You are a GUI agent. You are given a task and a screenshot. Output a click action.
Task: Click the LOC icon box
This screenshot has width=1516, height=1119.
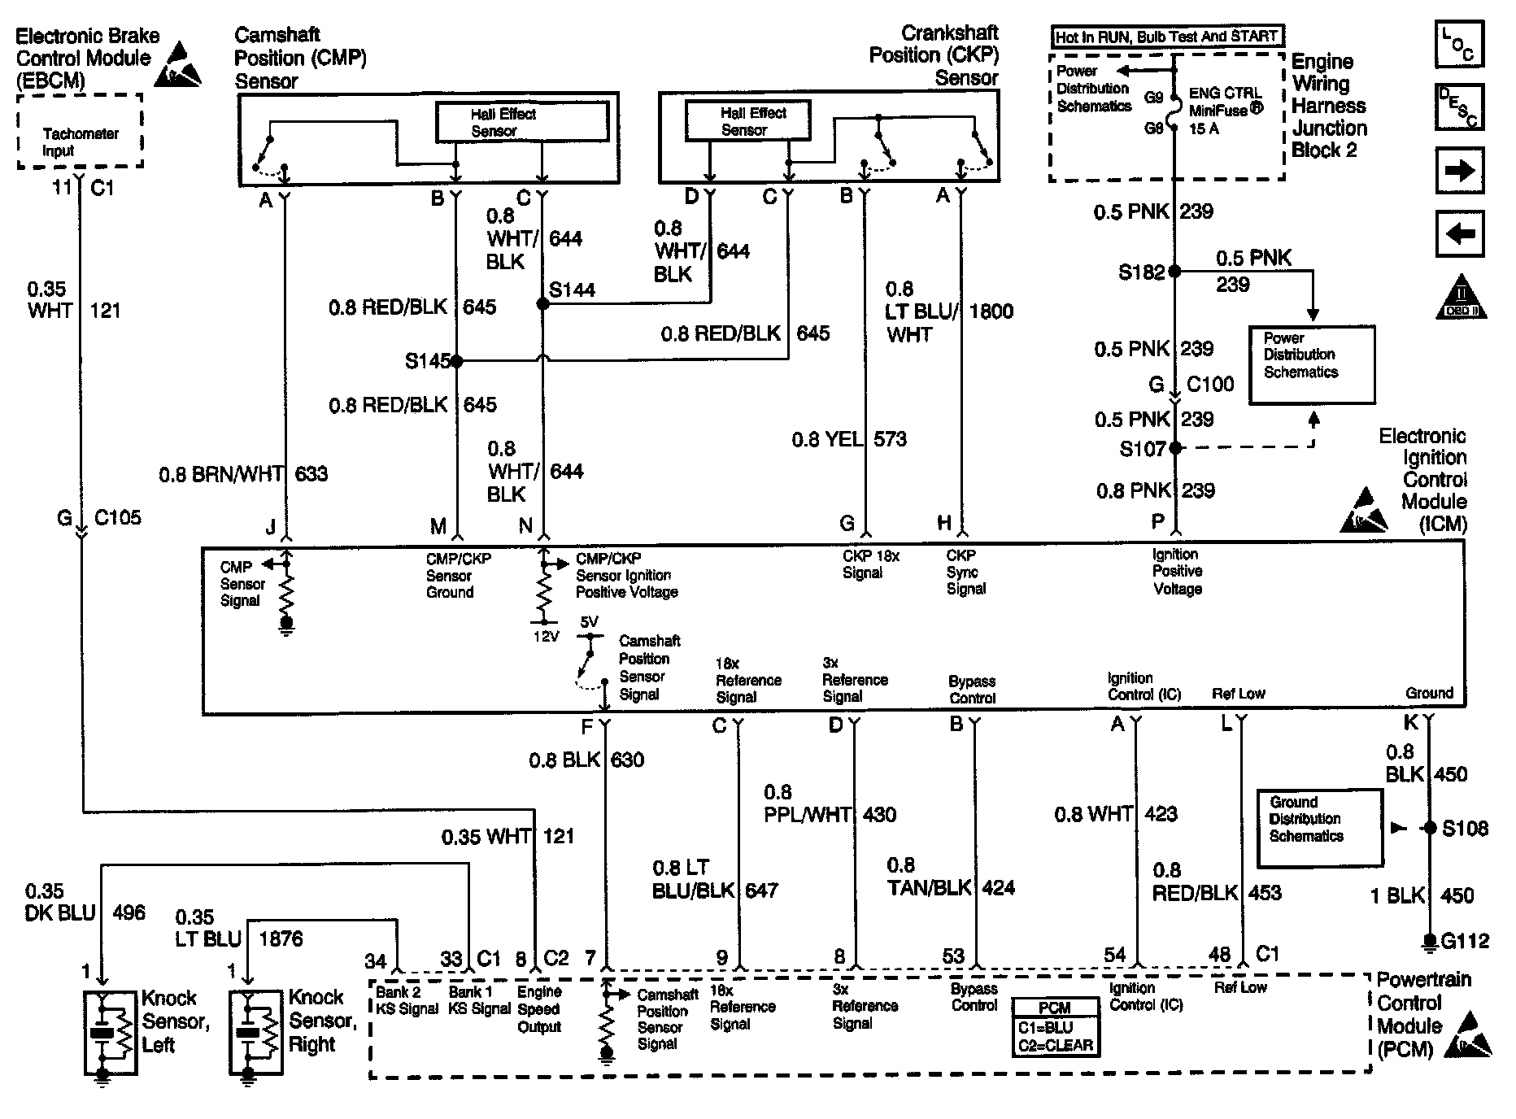pos(1460,43)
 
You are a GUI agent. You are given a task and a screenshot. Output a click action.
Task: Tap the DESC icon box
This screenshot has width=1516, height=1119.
pos(1460,107)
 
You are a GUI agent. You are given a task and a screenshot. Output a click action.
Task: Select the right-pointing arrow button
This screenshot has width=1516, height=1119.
pos(1460,171)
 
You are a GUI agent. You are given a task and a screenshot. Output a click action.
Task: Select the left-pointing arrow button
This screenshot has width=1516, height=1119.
pos(1460,234)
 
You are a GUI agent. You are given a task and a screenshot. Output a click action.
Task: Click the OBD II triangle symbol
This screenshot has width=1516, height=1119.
pos(1461,296)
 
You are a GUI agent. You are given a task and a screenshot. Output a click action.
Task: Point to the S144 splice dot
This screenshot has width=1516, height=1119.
pos(542,303)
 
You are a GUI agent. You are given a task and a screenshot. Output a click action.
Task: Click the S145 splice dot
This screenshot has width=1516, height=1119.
pos(456,360)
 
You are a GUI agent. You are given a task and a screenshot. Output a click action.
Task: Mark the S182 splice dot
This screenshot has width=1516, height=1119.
pos(1174,272)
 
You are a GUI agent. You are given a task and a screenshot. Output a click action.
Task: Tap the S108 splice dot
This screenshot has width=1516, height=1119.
pos(1429,828)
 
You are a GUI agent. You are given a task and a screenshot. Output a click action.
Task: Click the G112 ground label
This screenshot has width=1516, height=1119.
pos(1465,941)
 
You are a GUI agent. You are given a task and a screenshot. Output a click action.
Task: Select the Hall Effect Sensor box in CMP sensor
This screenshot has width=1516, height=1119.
pos(523,122)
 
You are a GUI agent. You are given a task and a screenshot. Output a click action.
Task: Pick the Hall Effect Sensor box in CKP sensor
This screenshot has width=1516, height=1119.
pos(747,120)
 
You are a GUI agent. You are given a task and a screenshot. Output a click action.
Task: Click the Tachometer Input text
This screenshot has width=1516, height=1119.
pos(81,142)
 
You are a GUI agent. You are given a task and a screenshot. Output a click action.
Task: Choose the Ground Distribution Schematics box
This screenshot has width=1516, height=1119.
pos(1319,827)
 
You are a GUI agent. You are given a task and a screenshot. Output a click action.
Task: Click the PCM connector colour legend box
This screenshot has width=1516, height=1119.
pos(1056,1027)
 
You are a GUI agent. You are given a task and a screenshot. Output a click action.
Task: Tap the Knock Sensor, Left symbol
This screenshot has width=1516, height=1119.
pos(103,1032)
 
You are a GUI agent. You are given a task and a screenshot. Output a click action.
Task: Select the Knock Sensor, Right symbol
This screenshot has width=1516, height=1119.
pos(250,1032)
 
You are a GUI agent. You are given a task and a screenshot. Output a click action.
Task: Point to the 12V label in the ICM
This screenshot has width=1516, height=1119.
pos(547,636)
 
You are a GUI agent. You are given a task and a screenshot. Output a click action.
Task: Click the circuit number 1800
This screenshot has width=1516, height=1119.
pos(991,311)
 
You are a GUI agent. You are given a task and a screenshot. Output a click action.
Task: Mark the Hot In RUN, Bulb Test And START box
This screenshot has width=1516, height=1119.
pos(1167,37)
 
